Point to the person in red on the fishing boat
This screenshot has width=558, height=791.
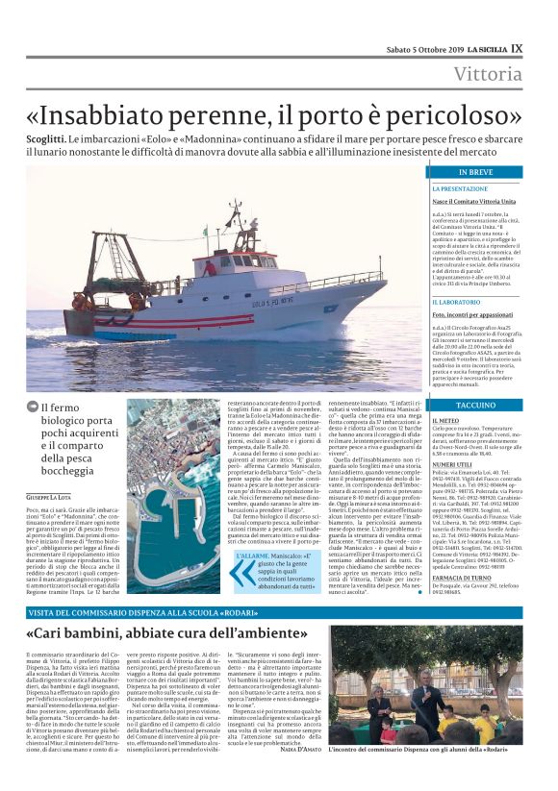(x=209, y=268)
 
